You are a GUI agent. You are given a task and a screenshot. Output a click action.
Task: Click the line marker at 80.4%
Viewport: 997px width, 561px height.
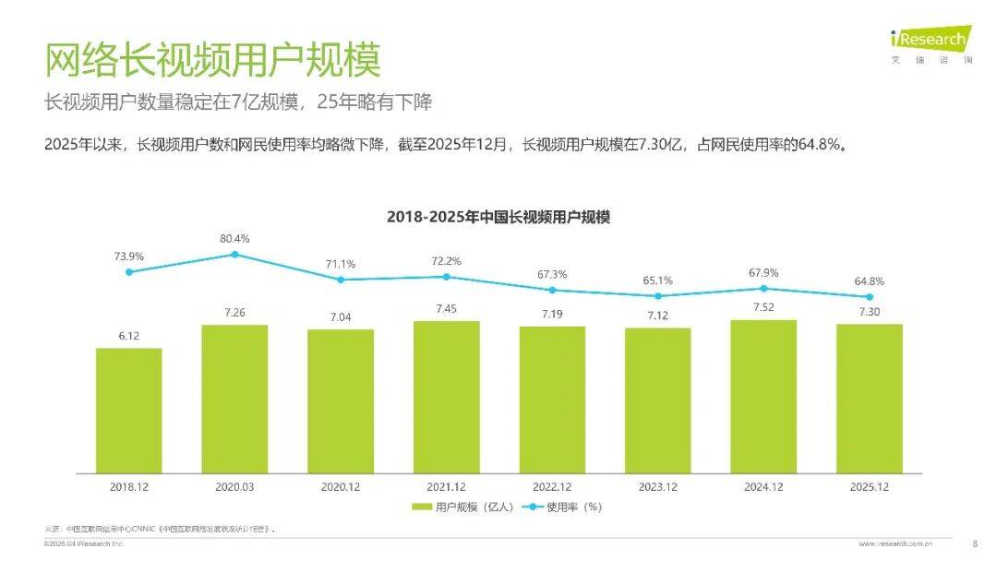234,254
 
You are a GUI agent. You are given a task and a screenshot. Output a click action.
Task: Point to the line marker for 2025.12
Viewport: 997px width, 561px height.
869,297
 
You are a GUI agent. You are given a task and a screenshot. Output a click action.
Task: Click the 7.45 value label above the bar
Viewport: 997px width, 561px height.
446,309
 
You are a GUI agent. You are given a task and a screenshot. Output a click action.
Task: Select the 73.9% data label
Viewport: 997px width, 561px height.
128,255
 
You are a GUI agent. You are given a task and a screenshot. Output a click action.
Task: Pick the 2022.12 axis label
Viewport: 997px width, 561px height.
551,485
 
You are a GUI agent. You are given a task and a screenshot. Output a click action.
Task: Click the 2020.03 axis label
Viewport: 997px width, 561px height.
234,485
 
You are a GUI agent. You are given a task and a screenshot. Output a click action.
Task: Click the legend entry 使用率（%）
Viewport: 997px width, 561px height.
562,507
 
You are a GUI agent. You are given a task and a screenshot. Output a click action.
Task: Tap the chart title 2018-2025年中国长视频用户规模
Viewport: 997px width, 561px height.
498,217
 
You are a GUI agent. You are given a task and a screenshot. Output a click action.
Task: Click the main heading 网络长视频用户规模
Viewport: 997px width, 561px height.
212,60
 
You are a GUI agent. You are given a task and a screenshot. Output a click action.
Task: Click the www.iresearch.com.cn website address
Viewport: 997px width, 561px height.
901,544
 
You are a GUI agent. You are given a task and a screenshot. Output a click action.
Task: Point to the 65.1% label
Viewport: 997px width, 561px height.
657,280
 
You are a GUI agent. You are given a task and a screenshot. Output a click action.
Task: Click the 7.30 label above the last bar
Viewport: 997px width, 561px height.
869,312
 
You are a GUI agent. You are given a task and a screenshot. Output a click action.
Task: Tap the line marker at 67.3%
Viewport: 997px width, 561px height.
552,290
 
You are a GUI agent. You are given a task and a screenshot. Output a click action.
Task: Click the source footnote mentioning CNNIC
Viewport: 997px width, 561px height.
162,529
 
